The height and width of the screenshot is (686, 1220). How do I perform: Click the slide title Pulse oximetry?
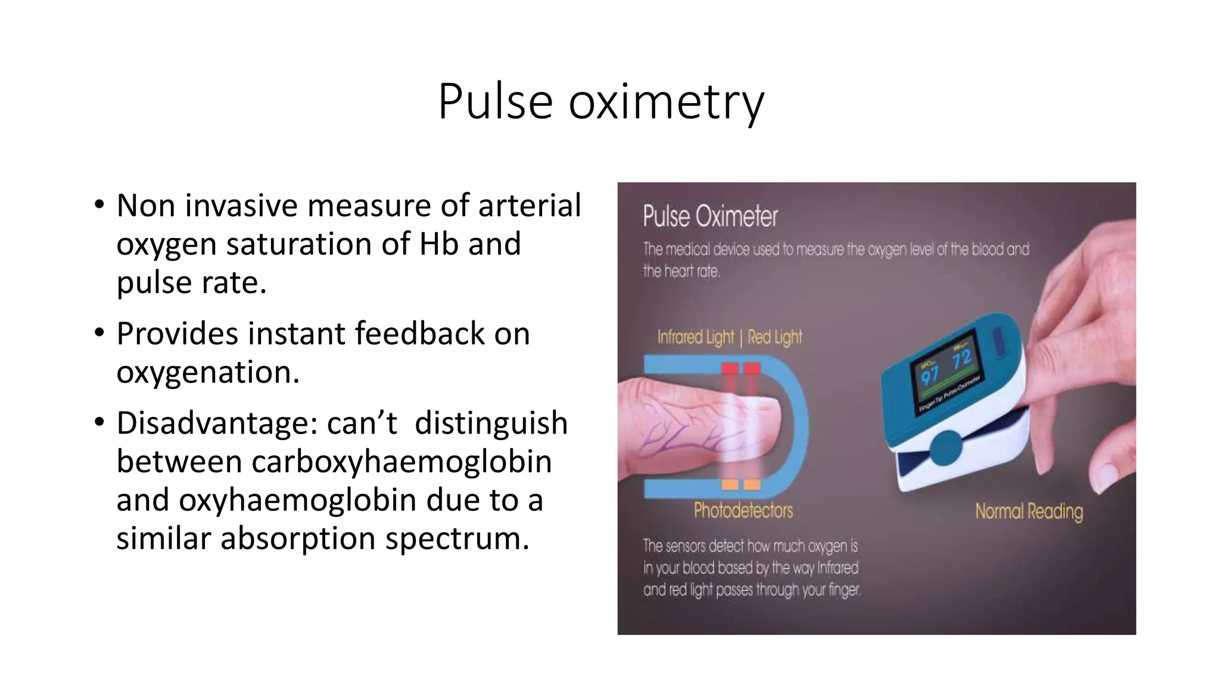(x=600, y=101)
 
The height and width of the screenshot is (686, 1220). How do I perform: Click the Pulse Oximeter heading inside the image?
(x=710, y=216)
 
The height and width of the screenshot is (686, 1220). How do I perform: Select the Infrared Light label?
(x=695, y=337)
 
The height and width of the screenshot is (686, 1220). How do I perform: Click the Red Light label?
(x=775, y=337)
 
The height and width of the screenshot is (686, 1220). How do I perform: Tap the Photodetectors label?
(x=743, y=510)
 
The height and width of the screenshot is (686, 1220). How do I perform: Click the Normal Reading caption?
(x=1029, y=512)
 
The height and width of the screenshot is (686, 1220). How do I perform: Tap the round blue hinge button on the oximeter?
(x=945, y=447)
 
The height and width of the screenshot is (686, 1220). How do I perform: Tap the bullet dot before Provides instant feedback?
(x=99, y=333)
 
